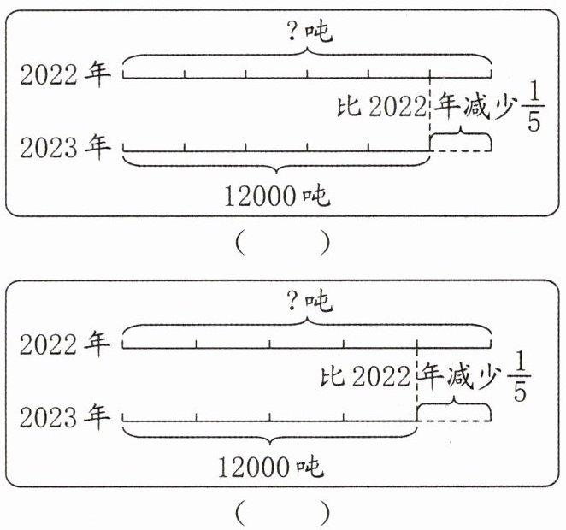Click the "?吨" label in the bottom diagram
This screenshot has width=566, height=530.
coord(307,301)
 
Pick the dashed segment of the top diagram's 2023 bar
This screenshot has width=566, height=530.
coord(460,151)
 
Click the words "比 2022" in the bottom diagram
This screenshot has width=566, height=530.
coord(366,378)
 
